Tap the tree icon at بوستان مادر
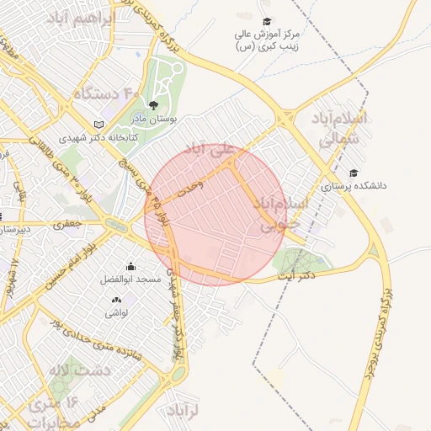click(152, 104)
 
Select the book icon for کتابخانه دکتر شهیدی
click(98, 124)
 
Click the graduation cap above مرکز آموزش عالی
click(267, 22)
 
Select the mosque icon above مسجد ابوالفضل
click(130, 266)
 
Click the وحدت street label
click(192, 193)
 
